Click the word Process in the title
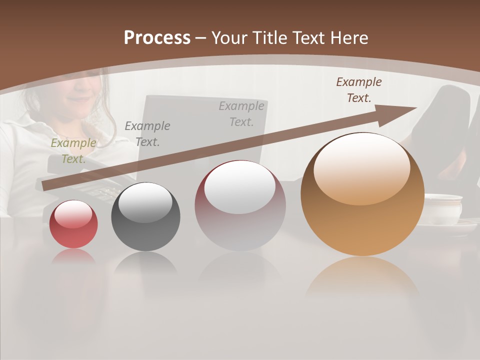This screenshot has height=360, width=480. tap(157, 38)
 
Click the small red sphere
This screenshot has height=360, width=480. tap(73, 224)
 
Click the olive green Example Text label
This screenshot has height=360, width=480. tap(73, 151)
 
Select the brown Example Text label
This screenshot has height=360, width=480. tap(359, 90)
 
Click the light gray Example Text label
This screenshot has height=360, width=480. tap(241, 113)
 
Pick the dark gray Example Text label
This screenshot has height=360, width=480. tap(147, 134)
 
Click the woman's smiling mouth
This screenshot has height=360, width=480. tap(77, 99)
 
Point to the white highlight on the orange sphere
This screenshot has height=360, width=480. tap(361, 167)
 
